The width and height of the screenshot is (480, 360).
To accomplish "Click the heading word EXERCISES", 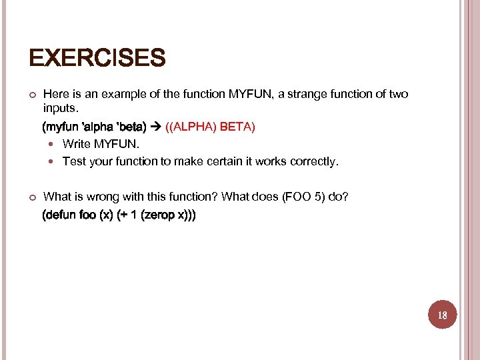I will coord(97,59).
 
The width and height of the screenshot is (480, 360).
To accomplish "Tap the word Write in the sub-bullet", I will coord(76,144).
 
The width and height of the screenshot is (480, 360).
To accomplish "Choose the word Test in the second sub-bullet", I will coord(73,161).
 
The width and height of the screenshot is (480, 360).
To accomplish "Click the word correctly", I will coord(315,161).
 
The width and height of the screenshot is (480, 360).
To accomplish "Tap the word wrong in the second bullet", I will coord(96,197).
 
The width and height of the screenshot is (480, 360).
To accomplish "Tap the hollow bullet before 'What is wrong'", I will coord(31,197).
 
